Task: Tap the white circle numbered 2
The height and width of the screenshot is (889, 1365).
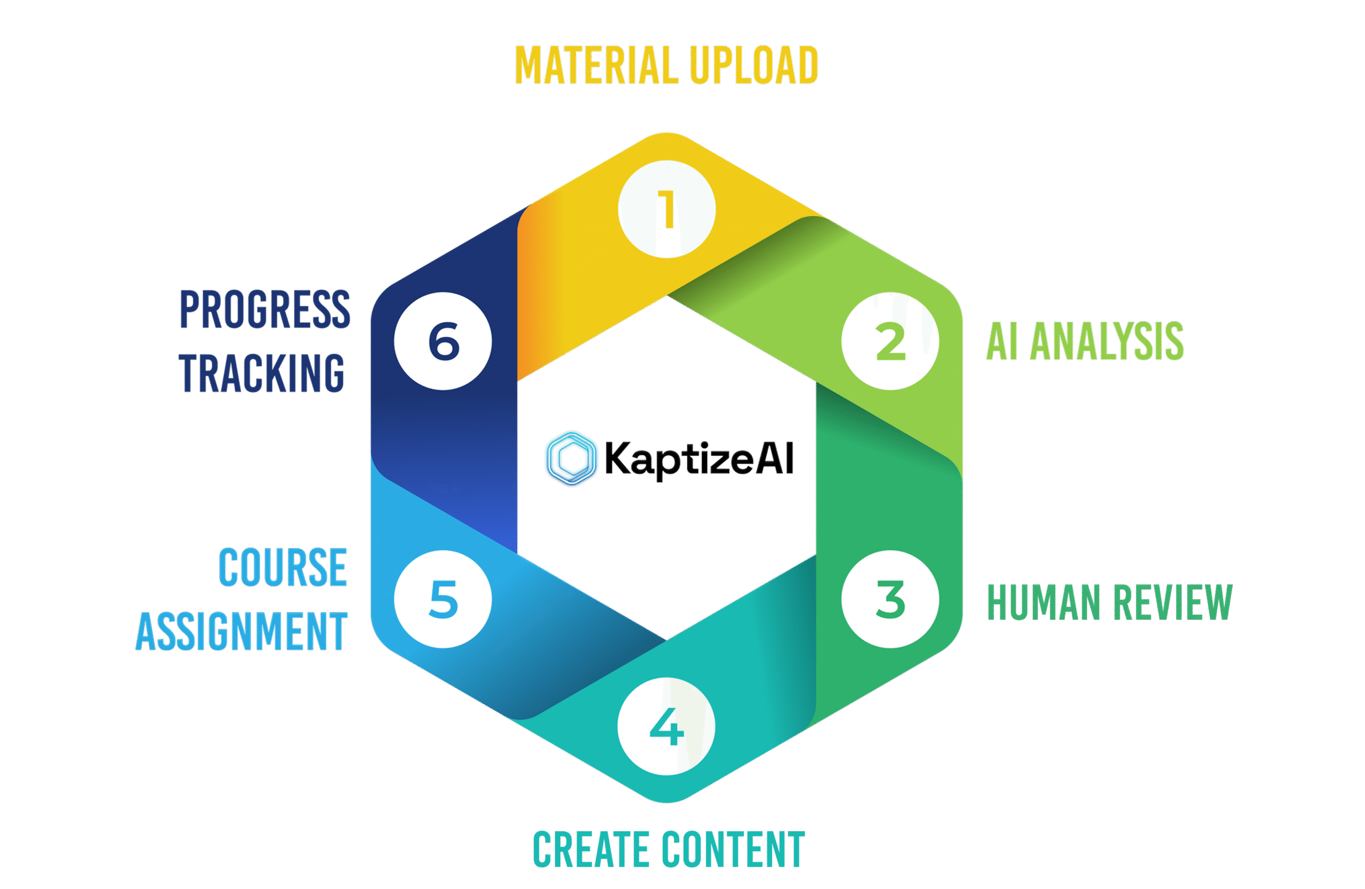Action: click(x=890, y=342)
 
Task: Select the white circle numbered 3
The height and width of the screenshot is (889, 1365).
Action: click(x=890, y=599)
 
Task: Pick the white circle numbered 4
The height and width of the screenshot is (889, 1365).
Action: click(x=667, y=727)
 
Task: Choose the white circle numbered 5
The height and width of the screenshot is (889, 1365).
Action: click(x=443, y=599)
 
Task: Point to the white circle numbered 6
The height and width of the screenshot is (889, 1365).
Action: click(x=443, y=342)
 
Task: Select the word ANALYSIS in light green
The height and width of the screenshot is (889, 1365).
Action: click(x=1107, y=342)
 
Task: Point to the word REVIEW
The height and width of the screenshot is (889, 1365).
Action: click(x=1173, y=602)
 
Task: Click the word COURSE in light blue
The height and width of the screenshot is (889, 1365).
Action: click(x=283, y=568)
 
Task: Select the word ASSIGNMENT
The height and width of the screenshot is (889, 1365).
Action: click(x=242, y=631)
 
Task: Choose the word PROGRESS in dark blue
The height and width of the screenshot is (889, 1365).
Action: click(x=265, y=310)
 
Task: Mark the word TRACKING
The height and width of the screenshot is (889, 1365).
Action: click(x=261, y=374)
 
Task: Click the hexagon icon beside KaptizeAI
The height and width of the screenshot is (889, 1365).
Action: click(x=571, y=458)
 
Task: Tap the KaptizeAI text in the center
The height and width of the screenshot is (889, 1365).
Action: click(x=699, y=459)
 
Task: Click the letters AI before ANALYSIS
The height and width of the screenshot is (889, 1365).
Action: click(x=1002, y=342)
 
